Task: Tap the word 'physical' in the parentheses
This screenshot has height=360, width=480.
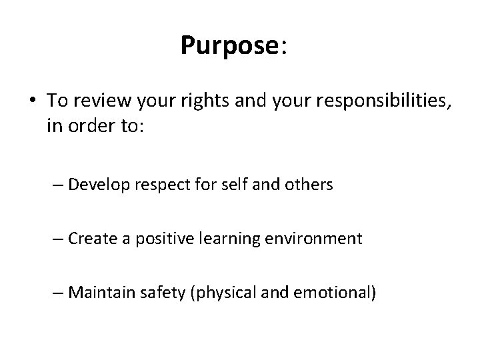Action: tap(222, 292)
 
